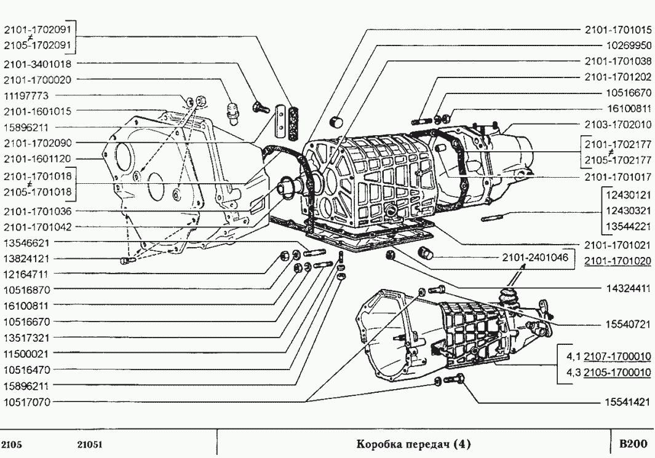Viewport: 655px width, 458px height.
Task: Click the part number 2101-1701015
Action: [x=618, y=30]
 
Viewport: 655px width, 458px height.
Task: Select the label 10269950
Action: [x=629, y=45]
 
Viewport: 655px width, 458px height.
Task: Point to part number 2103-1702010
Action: [x=618, y=124]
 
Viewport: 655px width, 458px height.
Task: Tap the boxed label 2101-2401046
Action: [x=535, y=257]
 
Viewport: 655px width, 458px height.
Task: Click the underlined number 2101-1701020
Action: [x=618, y=261]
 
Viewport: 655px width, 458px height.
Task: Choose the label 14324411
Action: [x=629, y=288]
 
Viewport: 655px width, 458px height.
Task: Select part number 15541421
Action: [x=627, y=402]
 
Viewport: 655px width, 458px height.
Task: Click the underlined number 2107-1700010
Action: [x=617, y=357]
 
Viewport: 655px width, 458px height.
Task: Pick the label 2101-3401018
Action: [x=38, y=64]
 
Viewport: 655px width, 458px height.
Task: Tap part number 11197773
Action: [x=26, y=96]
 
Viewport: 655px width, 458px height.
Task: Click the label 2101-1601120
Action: [x=38, y=159]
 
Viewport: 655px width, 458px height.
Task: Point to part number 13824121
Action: [x=26, y=258]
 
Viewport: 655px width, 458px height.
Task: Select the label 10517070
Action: [x=26, y=402]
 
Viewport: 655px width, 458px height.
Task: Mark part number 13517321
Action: [x=26, y=338]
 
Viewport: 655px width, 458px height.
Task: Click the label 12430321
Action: [x=629, y=210]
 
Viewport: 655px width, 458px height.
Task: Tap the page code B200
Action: [x=633, y=443]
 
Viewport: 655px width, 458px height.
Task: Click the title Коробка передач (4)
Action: [x=413, y=444]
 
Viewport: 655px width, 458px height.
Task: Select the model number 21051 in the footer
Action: [x=90, y=444]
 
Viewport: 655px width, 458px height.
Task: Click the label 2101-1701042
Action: [x=38, y=227]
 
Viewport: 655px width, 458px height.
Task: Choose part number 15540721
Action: [x=628, y=325]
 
